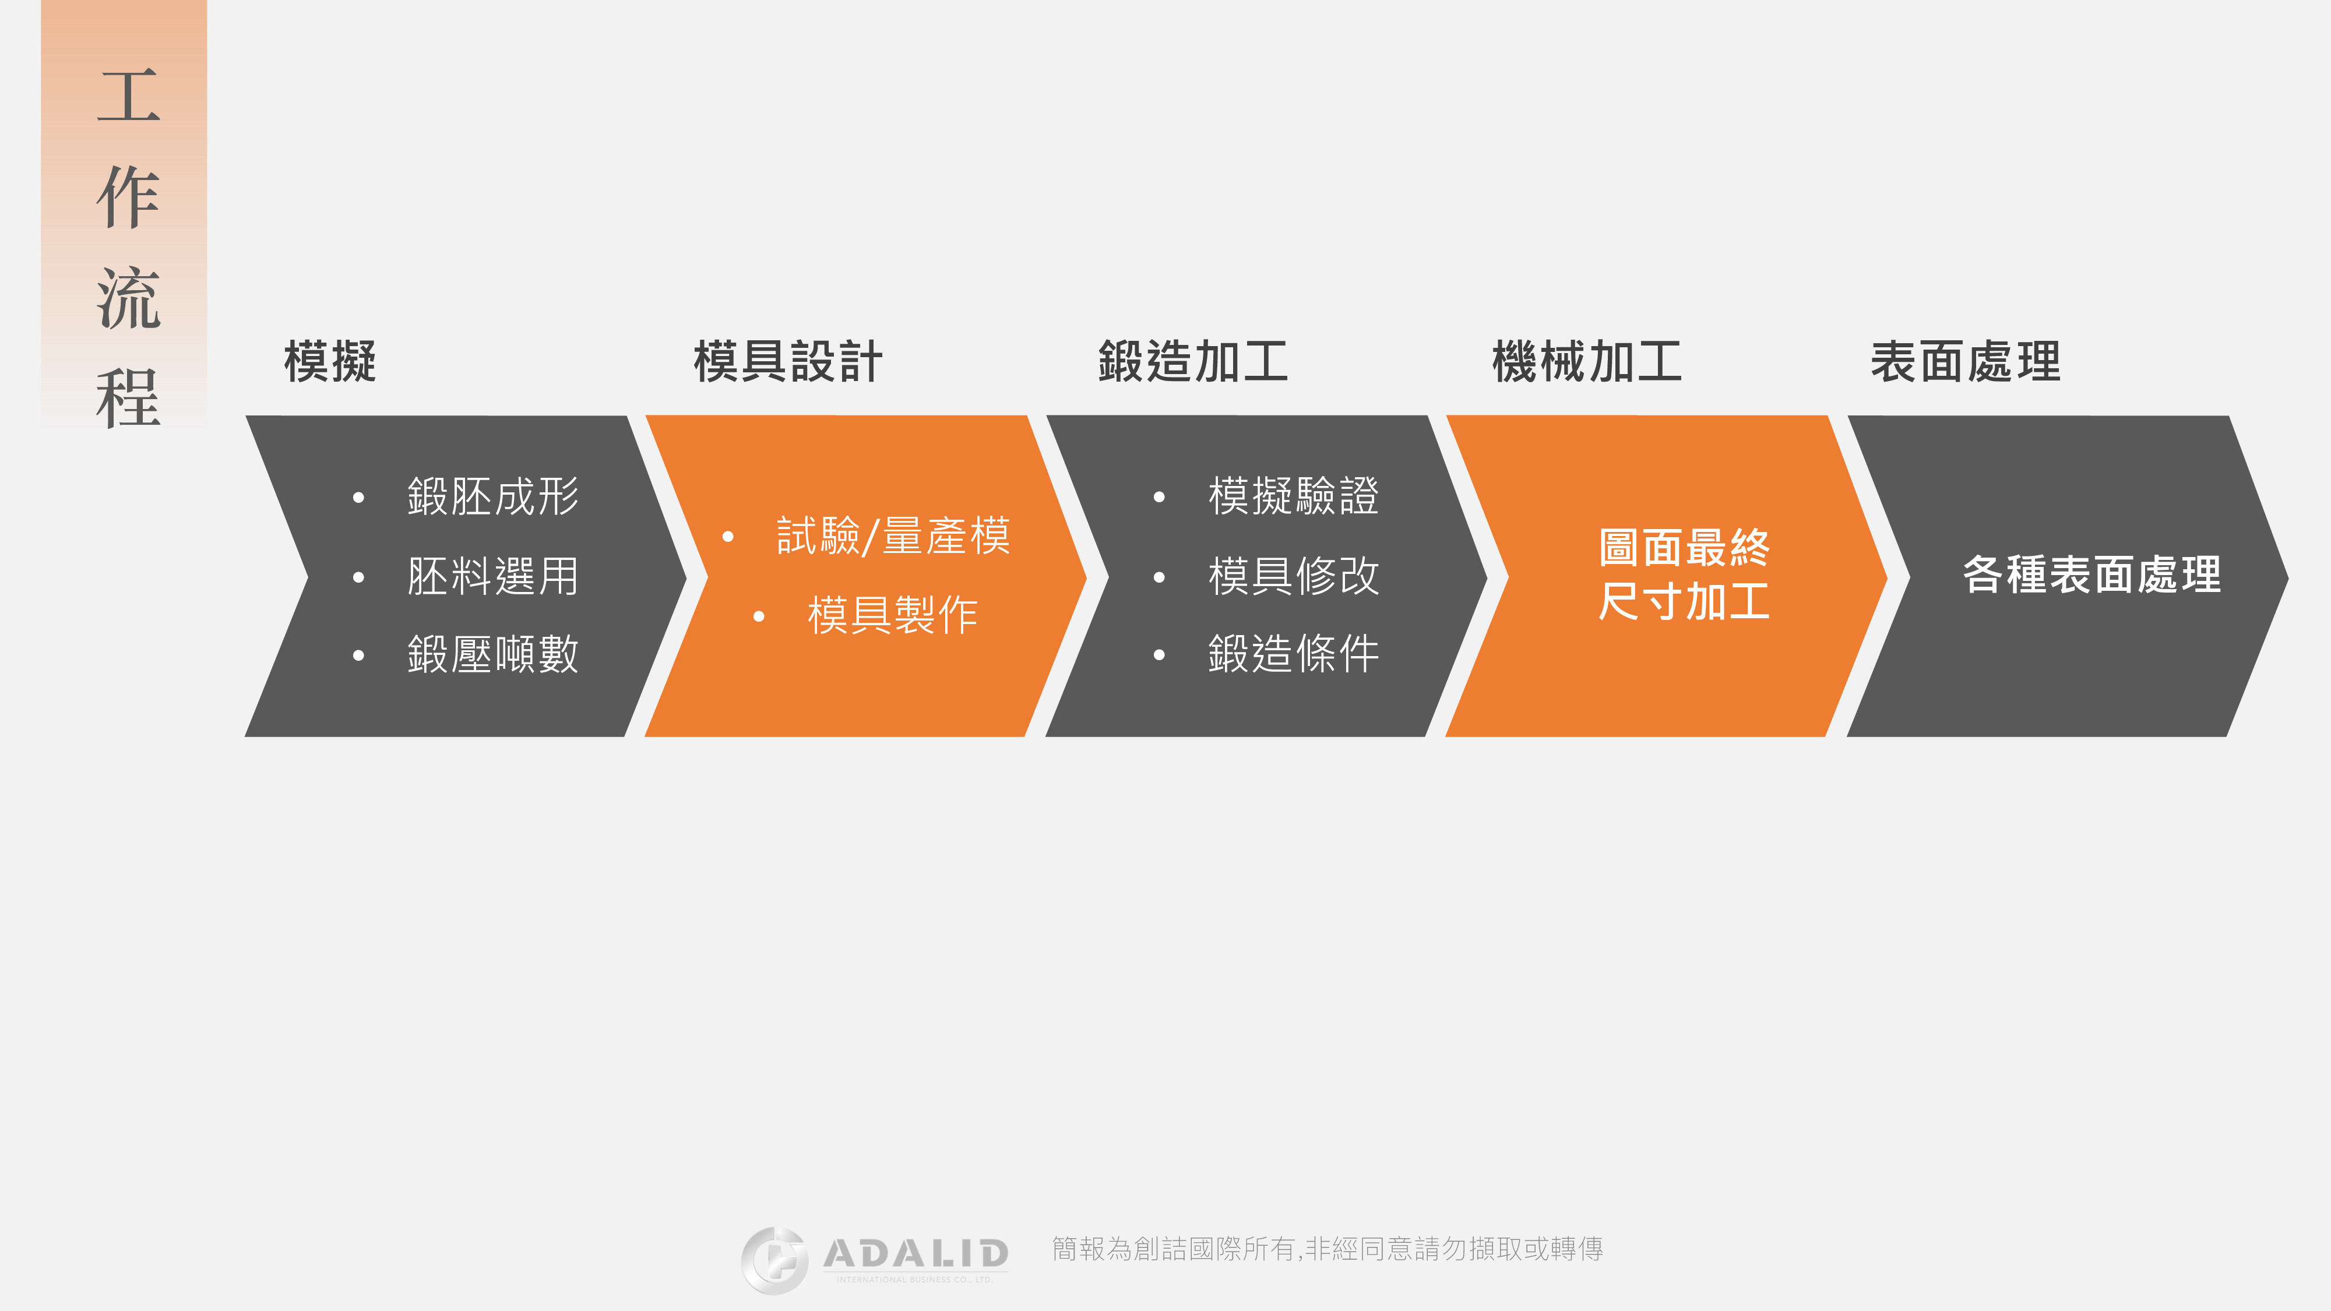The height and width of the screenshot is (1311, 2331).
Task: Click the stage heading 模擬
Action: pos(330,362)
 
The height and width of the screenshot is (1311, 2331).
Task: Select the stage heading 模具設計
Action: pos(787,362)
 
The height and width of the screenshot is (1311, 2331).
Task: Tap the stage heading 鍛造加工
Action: pos(1193,362)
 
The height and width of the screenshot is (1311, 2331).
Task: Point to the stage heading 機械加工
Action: pos(1587,362)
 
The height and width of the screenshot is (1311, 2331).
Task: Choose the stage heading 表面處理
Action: pos(1966,362)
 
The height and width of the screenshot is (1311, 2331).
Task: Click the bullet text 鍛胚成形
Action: pos(493,496)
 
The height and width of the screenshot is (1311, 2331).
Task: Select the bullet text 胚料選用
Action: pos(493,576)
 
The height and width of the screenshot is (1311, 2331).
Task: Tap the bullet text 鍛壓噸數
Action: pos(493,654)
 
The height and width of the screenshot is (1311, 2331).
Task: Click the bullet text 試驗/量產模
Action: pos(893,535)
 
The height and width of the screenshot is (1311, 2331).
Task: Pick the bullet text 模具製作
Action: pos(893,615)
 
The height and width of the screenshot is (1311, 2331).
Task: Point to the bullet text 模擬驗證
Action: pos(1294,496)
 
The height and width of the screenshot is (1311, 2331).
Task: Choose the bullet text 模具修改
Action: pos(1294,576)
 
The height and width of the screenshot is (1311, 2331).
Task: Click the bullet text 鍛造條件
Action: pos(1294,654)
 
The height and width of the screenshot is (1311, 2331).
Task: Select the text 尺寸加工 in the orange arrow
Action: pos(1684,602)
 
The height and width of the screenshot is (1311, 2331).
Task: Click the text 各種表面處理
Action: pos(2091,575)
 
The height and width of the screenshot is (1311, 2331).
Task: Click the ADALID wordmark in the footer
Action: pos(916,1254)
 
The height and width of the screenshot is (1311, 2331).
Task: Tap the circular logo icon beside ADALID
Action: pos(774,1260)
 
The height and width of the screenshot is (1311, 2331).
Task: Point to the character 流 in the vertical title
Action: pos(128,298)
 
